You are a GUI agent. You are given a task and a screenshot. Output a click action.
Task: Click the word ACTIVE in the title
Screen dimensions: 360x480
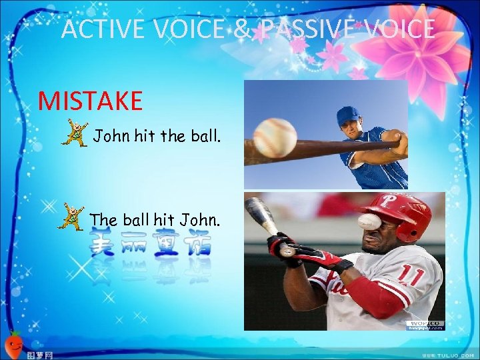tap(104, 29)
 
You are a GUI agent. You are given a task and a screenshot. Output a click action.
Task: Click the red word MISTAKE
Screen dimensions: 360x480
tap(91, 101)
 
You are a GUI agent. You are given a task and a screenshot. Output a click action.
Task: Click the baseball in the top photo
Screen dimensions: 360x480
tap(275, 137)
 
